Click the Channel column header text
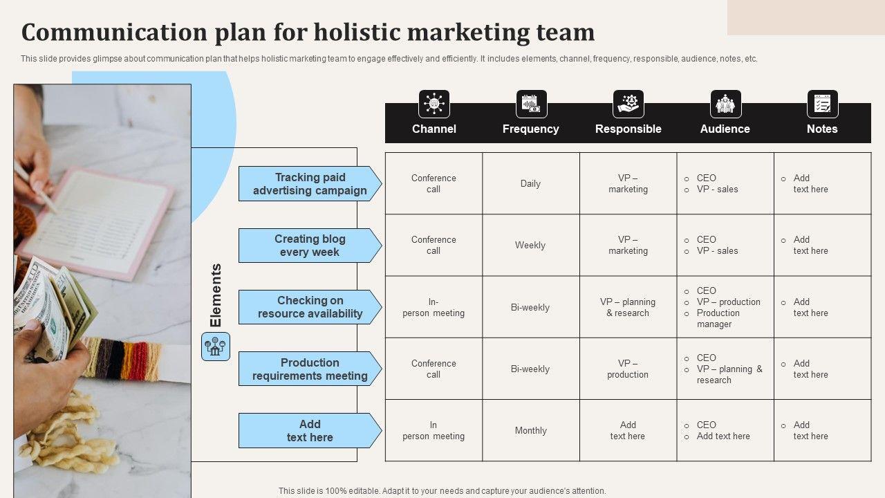tap(434, 129)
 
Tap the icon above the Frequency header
tap(531, 104)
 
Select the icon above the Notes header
tap(822, 104)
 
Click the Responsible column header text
tap(628, 129)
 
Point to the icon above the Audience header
tap(725, 104)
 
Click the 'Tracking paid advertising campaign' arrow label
tap(310, 184)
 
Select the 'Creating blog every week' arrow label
tap(310, 246)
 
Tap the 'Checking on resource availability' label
tap(310, 307)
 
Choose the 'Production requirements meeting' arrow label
tap(310, 369)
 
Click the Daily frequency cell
tap(530, 184)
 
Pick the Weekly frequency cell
tap(530, 246)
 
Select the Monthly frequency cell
tap(530, 430)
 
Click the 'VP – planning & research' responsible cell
tap(628, 307)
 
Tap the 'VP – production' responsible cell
tap(628, 369)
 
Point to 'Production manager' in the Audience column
tap(718, 318)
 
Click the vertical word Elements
tap(216, 295)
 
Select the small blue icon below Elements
tap(216, 347)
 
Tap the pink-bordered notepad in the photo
tap(97, 221)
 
